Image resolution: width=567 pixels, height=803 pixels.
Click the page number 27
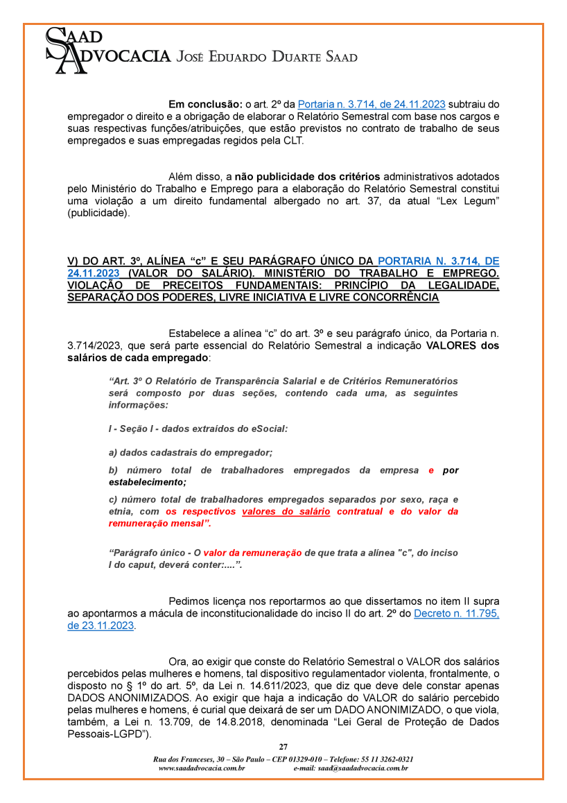tap(283, 747)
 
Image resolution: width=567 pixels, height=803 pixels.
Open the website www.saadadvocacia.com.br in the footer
tap(201, 768)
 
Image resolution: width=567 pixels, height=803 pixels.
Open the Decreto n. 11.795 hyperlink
tap(456, 614)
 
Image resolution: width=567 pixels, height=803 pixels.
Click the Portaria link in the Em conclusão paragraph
tap(372, 105)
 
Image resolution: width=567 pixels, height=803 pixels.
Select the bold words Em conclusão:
tap(205, 105)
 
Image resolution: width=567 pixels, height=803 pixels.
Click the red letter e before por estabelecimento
tap(431, 470)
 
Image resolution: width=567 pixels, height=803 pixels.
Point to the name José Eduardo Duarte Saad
tap(268, 57)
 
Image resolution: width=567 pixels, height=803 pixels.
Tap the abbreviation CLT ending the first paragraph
tap(293, 140)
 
